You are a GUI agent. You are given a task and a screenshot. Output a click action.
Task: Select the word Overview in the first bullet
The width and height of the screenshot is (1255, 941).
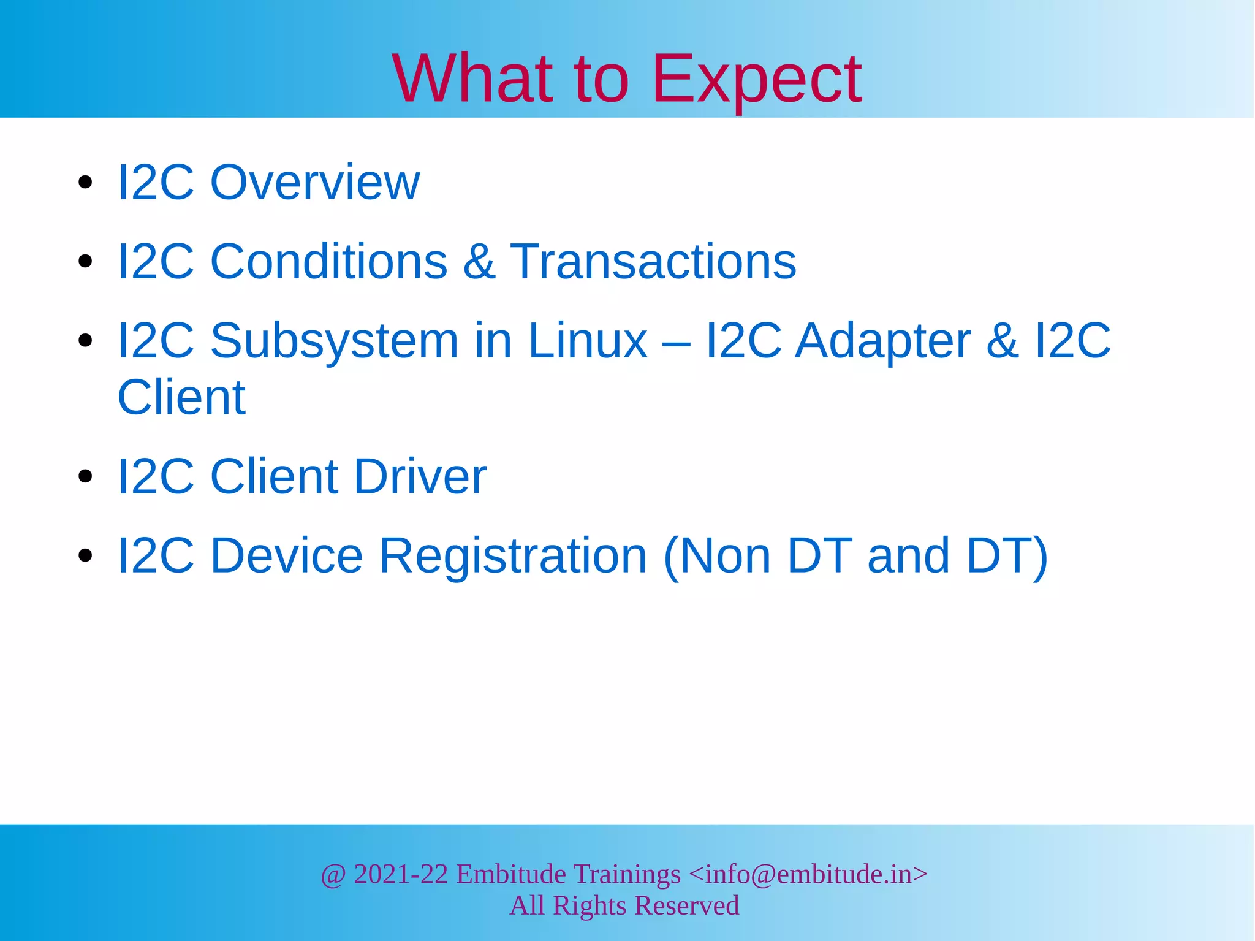(315, 182)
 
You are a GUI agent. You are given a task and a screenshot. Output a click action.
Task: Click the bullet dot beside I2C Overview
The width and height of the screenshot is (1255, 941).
(85, 183)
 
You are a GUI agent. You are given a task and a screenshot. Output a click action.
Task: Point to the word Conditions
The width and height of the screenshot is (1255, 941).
(328, 261)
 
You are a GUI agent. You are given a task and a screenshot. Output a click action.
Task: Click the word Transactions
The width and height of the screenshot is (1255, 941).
(653, 261)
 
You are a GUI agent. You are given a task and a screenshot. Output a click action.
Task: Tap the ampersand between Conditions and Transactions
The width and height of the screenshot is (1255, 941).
(479, 262)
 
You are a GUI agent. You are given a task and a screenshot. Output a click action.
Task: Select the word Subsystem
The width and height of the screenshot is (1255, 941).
(334, 341)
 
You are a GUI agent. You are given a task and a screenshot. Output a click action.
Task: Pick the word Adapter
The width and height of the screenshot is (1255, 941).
(882, 341)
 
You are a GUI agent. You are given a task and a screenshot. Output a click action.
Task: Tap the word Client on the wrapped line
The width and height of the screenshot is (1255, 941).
(181, 397)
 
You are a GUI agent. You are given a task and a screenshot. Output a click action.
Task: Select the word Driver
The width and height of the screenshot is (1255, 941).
(420, 476)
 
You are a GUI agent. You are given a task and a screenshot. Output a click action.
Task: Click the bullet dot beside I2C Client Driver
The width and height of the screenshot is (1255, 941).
(85, 476)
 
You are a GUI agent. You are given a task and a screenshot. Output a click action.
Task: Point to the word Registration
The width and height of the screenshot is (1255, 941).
(513, 556)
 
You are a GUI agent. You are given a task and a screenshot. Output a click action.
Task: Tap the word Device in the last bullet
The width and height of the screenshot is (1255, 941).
(287, 555)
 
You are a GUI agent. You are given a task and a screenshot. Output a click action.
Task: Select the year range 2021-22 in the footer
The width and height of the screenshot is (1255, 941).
(401, 874)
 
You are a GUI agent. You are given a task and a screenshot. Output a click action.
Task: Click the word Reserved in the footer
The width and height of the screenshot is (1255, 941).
(686, 905)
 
